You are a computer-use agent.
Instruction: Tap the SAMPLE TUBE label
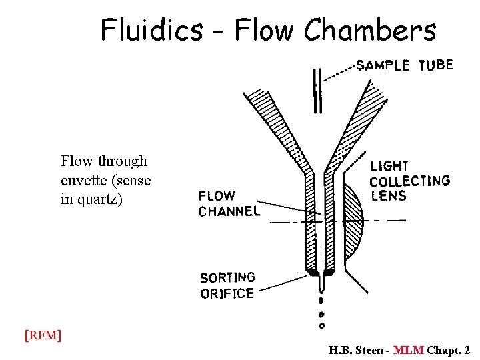pyautogui.click(x=405, y=65)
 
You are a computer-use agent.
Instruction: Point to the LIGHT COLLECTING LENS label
pyautogui.click(x=409, y=180)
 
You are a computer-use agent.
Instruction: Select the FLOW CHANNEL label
pyautogui.click(x=228, y=203)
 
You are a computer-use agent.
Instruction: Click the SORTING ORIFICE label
pyautogui.click(x=227, y=285)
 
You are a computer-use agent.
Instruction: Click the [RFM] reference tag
pyautogui.click(x=43, y=335)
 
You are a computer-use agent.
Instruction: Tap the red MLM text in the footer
pyautogui.click(x=408, y=350)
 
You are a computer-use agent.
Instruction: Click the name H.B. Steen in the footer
pyautogui.click(x=355, y=350)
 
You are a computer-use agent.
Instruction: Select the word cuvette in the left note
pyautogui.click(x=83, y=180)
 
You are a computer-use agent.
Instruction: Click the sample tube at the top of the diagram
pyautogui.click(x=317, y=90)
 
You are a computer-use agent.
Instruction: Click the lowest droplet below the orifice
pyautogui.click(x=321, y=326)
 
